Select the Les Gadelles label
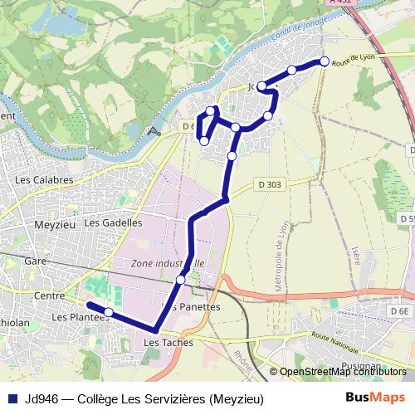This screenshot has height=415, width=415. click(114, 222)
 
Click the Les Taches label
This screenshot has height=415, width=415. click(168, 342)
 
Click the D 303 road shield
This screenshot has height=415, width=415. click(269, 184)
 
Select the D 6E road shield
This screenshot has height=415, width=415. click(399, 310)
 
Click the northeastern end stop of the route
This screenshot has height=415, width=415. click(324, 61)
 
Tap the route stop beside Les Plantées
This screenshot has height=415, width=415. click(108, 312)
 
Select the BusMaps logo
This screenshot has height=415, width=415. click(375, 398)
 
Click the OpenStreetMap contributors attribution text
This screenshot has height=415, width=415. click(343, 372)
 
